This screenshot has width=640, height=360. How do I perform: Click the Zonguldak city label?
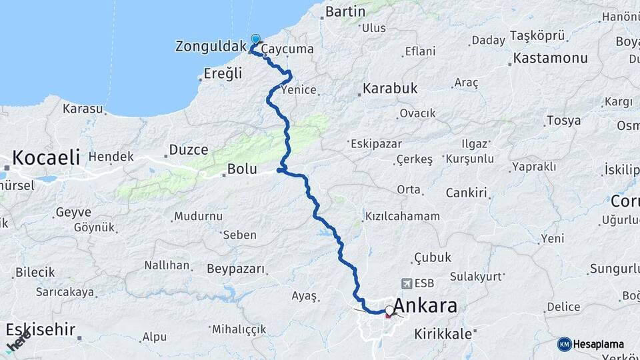point(210,47)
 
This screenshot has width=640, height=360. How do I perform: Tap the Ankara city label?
point(425,306)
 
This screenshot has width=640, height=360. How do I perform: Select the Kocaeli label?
point(46,158)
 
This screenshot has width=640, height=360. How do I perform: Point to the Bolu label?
point(242,169)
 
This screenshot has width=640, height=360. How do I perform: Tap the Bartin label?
point(345,11)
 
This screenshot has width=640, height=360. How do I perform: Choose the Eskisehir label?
point(41,329)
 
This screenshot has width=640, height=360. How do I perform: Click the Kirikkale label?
point(443,333)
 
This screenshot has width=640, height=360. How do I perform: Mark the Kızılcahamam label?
point(402,216)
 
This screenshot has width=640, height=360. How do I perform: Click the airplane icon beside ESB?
point(407,283)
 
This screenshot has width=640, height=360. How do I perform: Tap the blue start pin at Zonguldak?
point(255,40)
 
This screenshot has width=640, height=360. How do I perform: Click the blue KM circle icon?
point(565,344)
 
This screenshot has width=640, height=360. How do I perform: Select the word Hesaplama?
point(599,345)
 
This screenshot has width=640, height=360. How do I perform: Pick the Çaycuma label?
point(287,49)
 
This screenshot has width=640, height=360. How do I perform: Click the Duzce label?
point(189,149)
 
